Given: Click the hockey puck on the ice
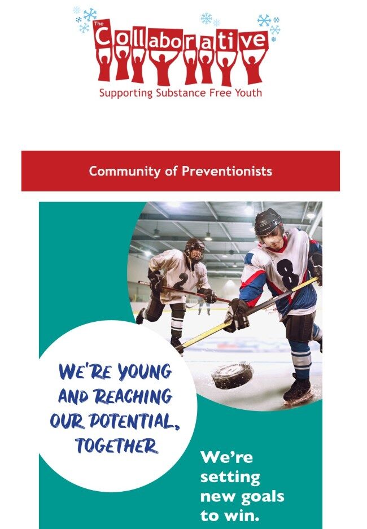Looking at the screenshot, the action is click(x=233, y=375).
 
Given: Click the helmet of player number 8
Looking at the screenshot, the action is click(x=269, y=222).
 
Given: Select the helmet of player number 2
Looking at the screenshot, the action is click(x=195, y=247).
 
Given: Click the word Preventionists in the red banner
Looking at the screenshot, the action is click(x=227, y=171).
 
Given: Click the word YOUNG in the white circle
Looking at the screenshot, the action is click(x=145, y=371).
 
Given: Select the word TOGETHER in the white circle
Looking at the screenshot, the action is click(x=116, y=445).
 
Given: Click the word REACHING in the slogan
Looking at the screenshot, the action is click(x=133, y=396).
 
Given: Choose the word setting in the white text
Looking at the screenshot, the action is click(x=230, y=477).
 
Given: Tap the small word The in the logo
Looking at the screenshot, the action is click(x=98, y=24).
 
